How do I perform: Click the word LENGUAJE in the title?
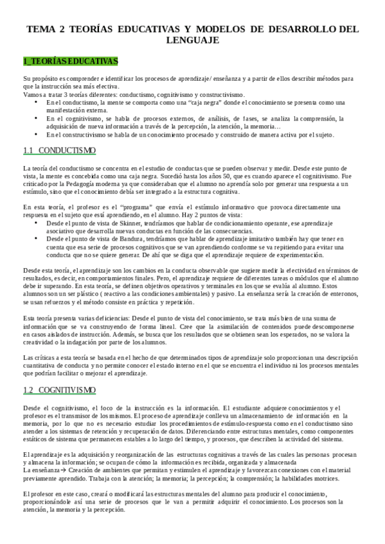[192, 40]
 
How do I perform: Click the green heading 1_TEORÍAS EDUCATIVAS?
[70, 62]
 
